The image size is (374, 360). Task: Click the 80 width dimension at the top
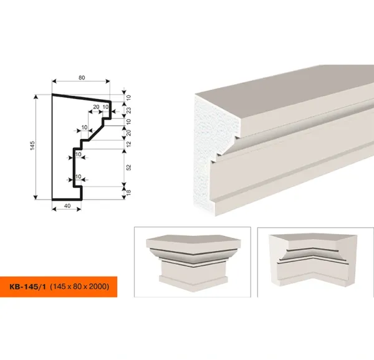pos(82,78)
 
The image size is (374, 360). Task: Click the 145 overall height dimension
pos(32,146)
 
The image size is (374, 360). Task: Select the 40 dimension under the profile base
pos(67,206)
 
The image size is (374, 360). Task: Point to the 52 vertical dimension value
pos(128,168)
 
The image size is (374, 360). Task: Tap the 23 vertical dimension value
pos(128,110)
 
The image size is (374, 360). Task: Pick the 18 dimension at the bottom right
pos(128,192)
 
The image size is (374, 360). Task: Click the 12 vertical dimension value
pos(128,144)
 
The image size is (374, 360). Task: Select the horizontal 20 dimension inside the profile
pos(96,107)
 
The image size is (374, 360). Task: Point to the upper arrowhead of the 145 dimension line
pos(36,97)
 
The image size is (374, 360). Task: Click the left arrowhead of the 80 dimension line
pos(54,81)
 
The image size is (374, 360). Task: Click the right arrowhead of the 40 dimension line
pos(79,209)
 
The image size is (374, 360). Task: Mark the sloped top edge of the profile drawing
pos(82,98)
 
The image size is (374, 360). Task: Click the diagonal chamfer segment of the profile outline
pos(95,133)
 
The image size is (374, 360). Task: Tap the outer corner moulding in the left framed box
pos(193,263)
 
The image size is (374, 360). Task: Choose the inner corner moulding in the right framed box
pos(313,260)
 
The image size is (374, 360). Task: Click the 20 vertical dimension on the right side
pos(128,133)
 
